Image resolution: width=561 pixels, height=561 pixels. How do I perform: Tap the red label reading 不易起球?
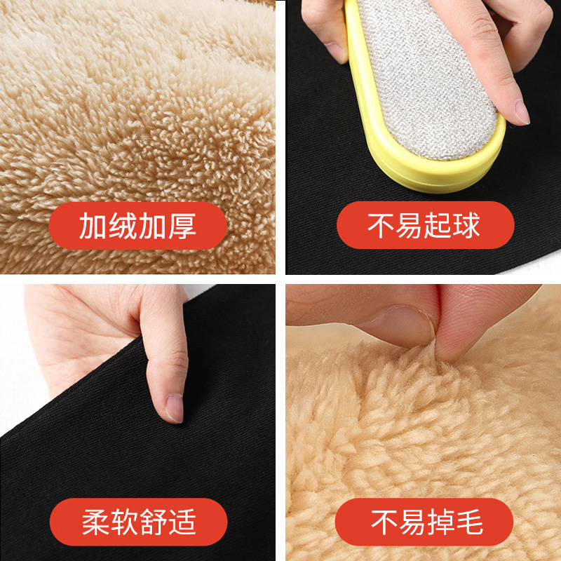pyautogui.click(x=425, y=226)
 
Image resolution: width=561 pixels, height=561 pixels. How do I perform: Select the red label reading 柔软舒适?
pyautogui.click(x=138, y=522)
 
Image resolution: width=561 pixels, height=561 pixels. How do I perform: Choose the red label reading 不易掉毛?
pyautogui.click(x=425, y=522)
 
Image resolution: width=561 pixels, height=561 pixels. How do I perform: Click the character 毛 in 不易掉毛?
pyautogui.click(x=468, y=522)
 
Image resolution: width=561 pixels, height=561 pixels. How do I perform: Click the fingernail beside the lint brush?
pyautogui.click(x=521, y=111)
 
